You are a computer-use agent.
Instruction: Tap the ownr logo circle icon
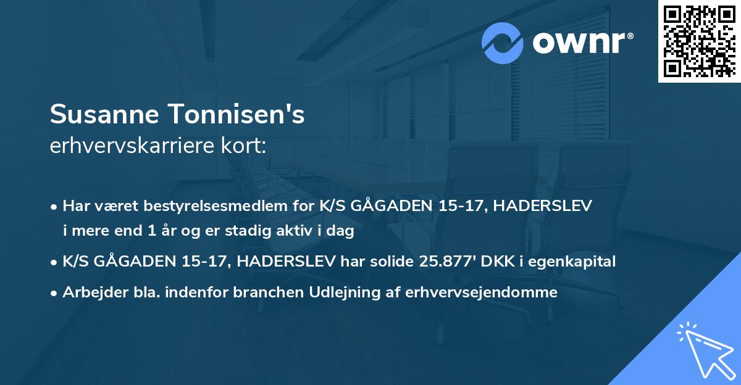[x=503, y=43]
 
